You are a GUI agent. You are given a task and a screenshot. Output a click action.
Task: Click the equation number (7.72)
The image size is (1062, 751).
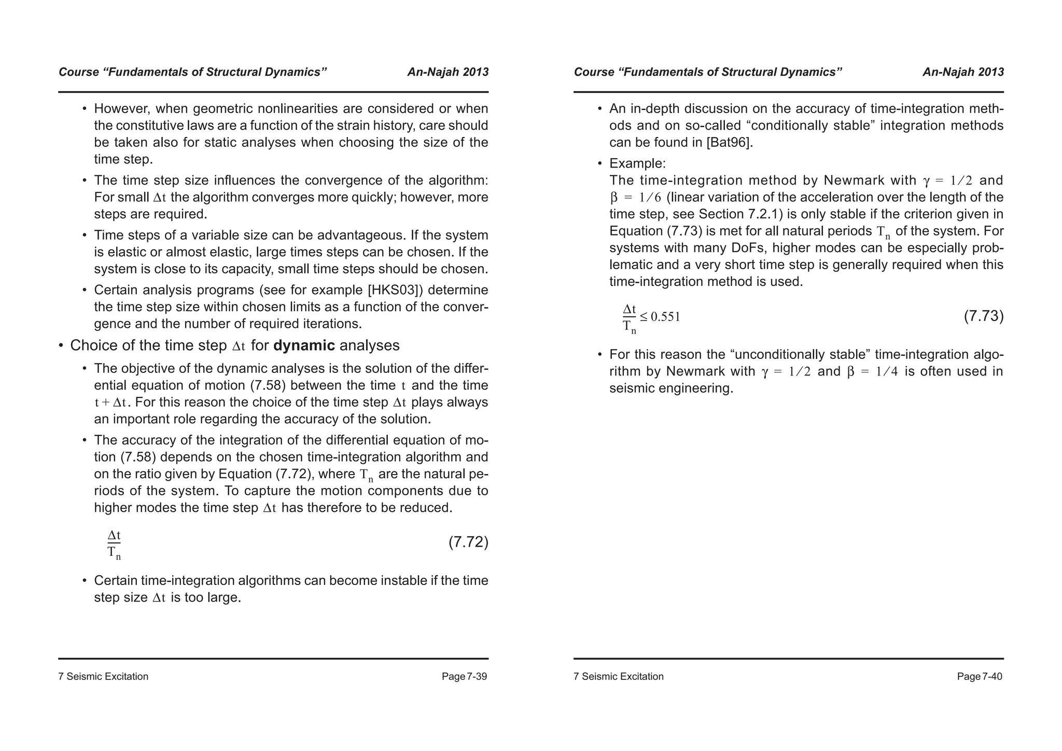(468, 543)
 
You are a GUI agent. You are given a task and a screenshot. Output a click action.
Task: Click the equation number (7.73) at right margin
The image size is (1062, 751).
(983, 316)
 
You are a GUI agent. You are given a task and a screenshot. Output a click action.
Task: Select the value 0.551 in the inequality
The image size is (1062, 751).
(665, 317)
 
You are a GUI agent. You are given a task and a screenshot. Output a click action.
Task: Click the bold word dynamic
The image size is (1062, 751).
(304, 345)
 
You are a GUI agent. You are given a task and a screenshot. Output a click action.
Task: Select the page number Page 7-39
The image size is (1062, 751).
(464, 676)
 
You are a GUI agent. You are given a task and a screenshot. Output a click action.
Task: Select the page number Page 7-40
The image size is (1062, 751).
(980, 676)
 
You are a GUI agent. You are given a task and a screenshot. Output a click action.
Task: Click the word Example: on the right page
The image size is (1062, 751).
(637, 164)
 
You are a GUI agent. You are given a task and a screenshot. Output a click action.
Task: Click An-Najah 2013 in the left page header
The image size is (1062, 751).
(448, 72)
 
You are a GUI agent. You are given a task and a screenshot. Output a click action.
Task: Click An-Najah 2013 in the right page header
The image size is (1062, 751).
(963, 72)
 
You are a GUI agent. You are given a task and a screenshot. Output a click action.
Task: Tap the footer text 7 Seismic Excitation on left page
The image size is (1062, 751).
(103, 676)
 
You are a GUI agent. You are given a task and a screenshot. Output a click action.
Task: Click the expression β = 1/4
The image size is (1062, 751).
(872, 371)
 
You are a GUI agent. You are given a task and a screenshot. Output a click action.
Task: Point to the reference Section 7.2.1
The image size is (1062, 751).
(740, 214)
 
